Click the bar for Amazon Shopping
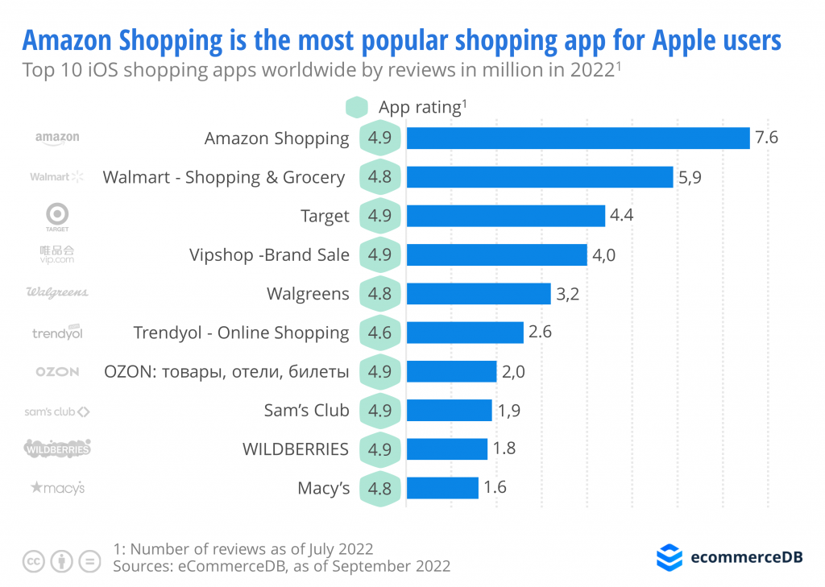(x=578, y=138)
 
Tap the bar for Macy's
(x=442, y=488)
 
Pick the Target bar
(x=505, y=216)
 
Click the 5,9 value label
(x=690, y=177)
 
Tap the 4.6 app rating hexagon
(x=379, y=333)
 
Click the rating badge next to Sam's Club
(x=379, y=411)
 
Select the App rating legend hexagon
(x=356, y=107)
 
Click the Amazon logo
(x=57, y=138)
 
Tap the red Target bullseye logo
(x=57, y=213)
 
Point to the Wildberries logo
(x=57, y=449)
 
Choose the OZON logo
(x=57, y=371)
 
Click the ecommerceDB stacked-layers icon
(x=669, y=557)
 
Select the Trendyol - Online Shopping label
(x=241, y=333)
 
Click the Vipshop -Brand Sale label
(x=269, y=255)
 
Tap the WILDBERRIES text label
(x=296, y=449)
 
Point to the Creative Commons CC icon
(x=33, y=561)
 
